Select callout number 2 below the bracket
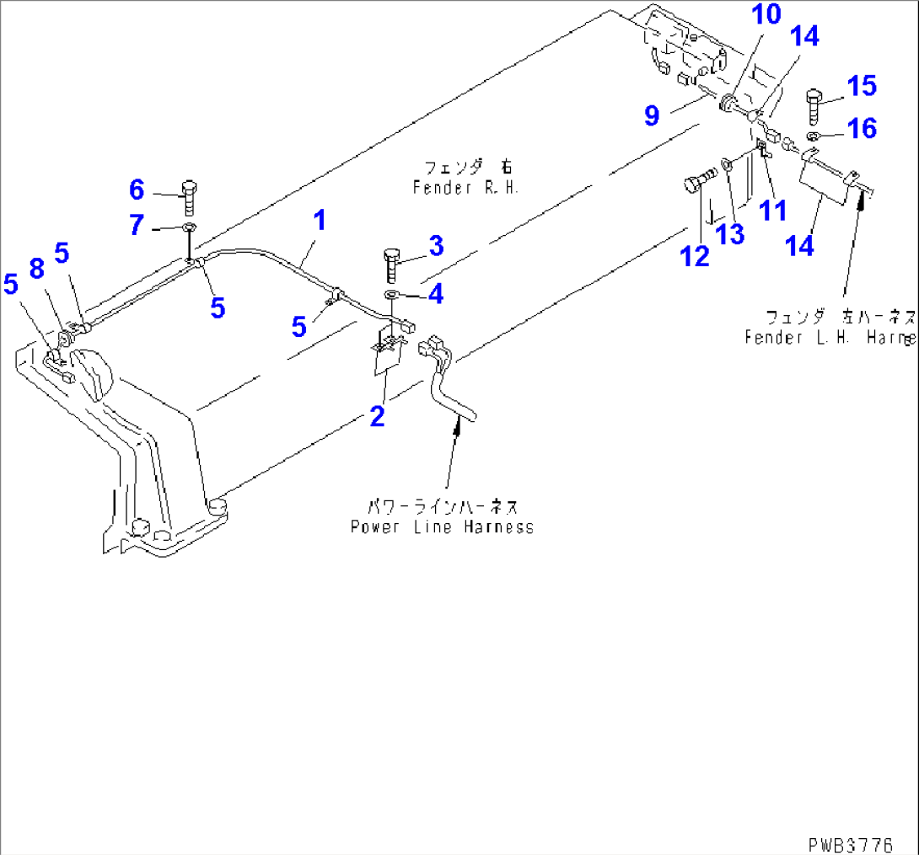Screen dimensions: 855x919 tap(377, 415)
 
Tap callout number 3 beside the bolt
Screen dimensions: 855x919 tap(434, 247)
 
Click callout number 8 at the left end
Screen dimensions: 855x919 tap(35, 269)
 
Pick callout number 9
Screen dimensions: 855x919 tap(652, 115)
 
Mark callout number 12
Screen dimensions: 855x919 tap(696, 256)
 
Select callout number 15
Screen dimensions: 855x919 tap(861, 86)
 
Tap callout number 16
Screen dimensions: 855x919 tap(862, 128)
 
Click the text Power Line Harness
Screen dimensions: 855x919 tap(442, 526)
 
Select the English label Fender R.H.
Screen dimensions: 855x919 tap(465, 188)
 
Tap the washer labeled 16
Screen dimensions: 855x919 tap(814, 136)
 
